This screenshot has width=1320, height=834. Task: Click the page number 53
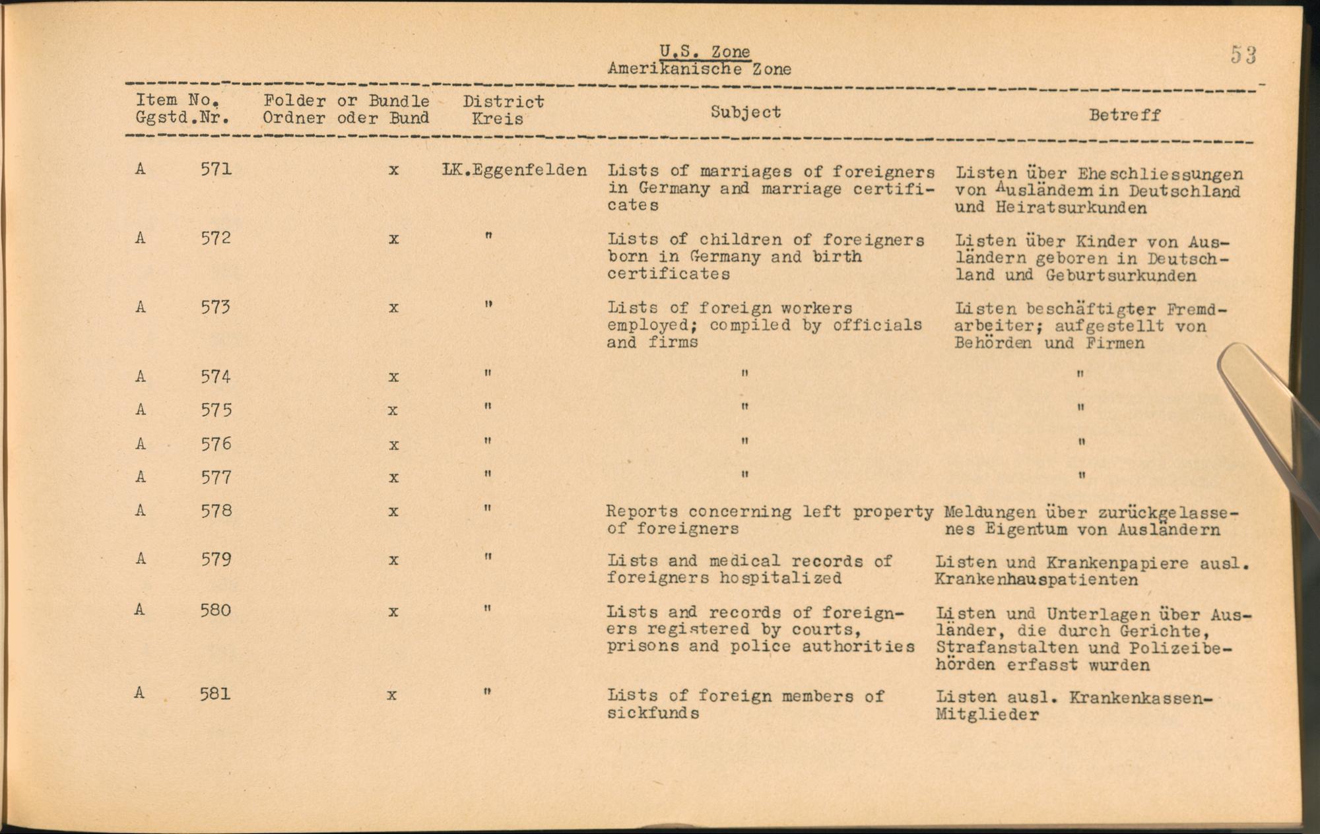click(1243, 55)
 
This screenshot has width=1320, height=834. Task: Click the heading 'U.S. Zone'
click(705, 51)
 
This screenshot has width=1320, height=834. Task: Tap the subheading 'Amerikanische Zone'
click(699, 69)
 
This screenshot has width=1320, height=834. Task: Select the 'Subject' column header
click(746, 112)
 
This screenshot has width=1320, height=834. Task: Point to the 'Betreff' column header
click(1125, 115)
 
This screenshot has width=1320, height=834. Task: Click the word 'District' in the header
click(504, 102)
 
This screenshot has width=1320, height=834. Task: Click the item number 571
click(216, 170)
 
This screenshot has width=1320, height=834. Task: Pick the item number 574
click(216, 377)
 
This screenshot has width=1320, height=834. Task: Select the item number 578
click(216, 511)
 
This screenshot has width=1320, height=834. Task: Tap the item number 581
click(215, 693)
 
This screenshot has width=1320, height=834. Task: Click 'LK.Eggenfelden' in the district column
click(514, 170)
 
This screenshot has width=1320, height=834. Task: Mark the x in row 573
click(393, 308)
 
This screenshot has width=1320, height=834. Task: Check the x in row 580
click(393, 612)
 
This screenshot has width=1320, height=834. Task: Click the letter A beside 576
click(140, 444)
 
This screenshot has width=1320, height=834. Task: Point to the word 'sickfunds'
click(653, 713)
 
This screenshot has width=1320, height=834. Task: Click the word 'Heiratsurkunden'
click(1071, 208)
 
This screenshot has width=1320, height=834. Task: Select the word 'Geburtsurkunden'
click(1121, 276)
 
